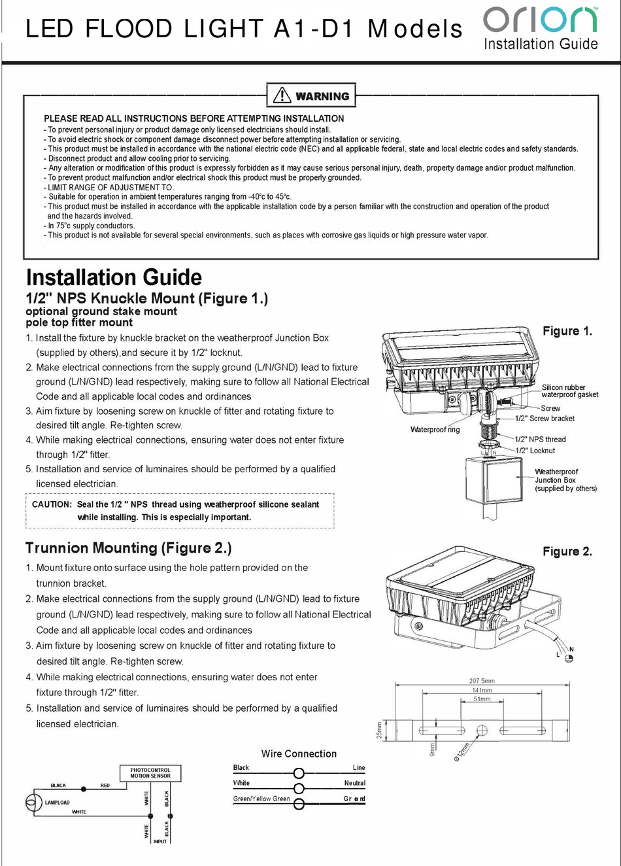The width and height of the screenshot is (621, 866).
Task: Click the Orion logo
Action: tap(540, 20)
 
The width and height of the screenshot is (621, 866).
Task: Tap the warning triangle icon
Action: tap(282, 95)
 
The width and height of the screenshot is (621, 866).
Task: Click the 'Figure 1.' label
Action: tap(567, 331)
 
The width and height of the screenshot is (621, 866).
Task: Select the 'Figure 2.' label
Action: tap(567, 551)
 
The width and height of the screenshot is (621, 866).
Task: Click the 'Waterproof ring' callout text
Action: tap(435, 430)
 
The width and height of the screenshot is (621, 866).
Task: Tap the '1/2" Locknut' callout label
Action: tap(535, 451)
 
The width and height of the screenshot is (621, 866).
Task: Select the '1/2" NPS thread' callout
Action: tap(540, 440)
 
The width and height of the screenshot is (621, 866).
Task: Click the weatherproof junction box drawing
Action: tap(494, 480)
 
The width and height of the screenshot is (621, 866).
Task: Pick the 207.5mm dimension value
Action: tap(482, 681)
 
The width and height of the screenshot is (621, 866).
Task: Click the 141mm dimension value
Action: tap(482, 690)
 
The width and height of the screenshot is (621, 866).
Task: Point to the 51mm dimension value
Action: tap(482, 699)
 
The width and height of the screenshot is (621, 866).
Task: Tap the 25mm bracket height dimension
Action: tap(378, 731)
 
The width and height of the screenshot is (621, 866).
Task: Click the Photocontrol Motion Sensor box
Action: tap(150, 773)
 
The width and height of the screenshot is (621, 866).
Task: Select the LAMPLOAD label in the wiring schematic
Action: tap(58, 803)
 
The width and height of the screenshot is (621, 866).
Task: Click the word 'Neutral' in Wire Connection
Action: tap(354, 783)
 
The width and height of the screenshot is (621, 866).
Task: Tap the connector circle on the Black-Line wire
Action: tap(299, 772)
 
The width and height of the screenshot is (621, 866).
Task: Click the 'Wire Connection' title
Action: tap(299, 753)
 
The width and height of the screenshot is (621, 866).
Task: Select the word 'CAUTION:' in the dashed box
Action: tap(52, 504)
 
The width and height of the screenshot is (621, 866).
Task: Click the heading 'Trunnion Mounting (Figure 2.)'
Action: tap(129, 548)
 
